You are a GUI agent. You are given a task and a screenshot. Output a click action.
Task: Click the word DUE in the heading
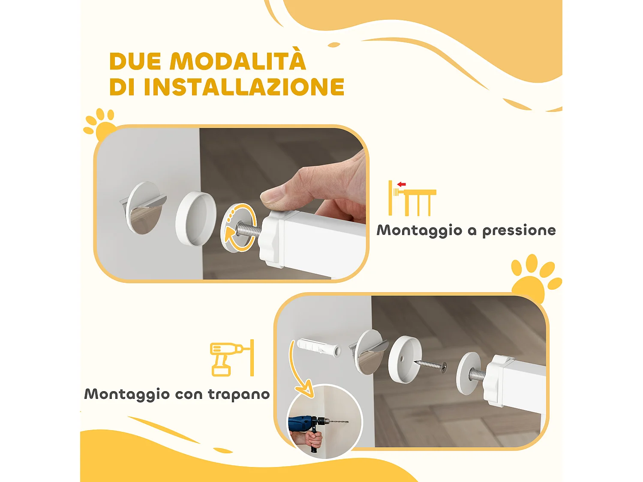135,61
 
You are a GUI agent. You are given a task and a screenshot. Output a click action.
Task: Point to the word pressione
519,231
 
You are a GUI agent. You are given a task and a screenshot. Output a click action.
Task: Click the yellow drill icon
232,358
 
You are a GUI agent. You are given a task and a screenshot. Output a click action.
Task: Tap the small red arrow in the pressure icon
401,184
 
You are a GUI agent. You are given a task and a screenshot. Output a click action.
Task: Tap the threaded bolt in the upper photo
249,229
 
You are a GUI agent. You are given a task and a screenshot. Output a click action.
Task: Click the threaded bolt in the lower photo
478,374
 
